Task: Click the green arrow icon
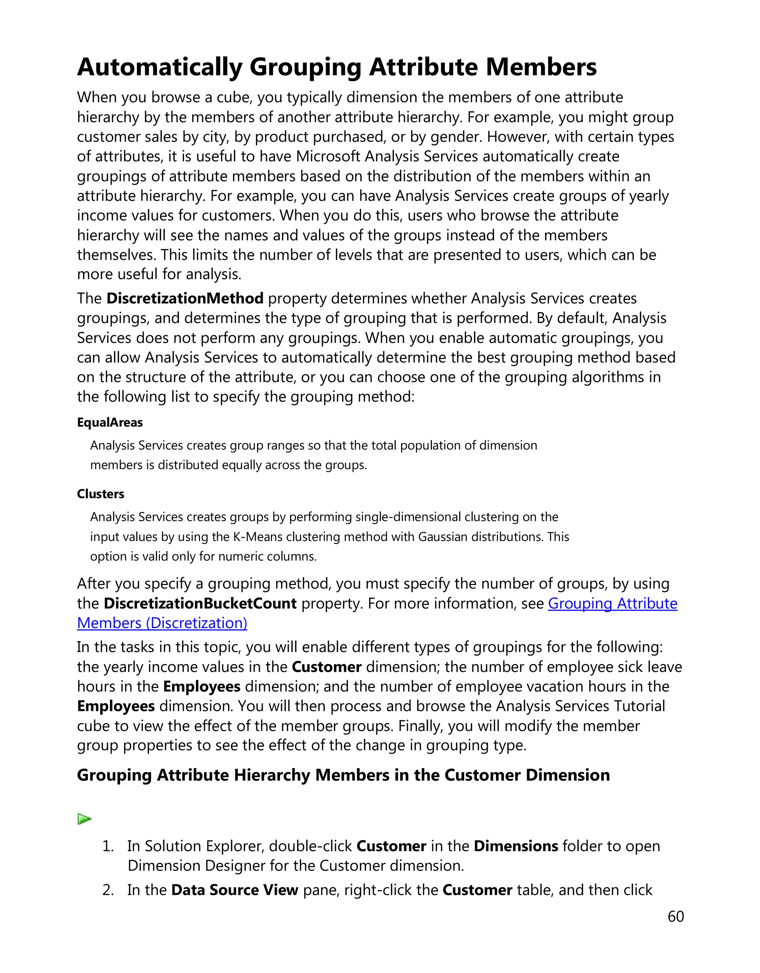[x=84, y=819]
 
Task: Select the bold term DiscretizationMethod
[x=185, y=298]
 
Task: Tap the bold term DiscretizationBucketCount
[x=200, y=603]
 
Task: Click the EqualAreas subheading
[x=109, y=422]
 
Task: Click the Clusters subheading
[x=100, y=494]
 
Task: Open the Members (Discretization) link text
[x=162, y=623]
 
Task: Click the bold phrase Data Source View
[x=235, y=890]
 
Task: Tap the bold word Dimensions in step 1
[x=515, y=846]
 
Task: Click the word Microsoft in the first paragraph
[x=328, y=156]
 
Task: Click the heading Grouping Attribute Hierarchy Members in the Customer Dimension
[x=343, y=775]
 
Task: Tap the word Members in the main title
[x=541, y=67]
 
